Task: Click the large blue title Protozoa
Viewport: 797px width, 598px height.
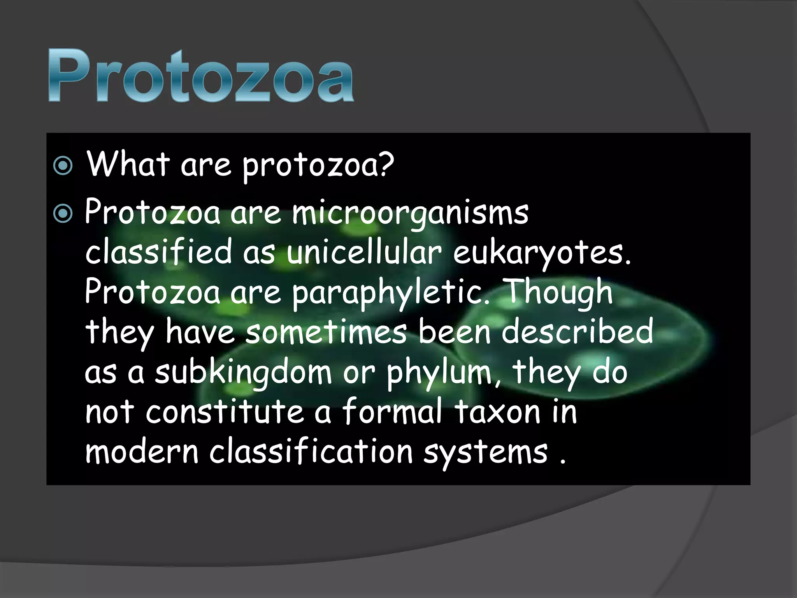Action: point(201,76)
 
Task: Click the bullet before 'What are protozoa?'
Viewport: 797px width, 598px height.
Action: point(63,166)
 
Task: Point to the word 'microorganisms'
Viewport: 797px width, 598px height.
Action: point(410,214)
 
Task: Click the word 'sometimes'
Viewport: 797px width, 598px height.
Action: point(326,332)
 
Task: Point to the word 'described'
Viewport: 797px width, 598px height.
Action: point(577,332)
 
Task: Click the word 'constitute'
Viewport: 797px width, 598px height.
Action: point(225,412)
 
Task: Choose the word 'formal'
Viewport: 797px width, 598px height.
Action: point(393,412)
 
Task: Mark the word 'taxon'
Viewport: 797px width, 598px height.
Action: point(498,412)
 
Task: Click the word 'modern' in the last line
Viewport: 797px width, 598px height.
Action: point(142,452)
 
